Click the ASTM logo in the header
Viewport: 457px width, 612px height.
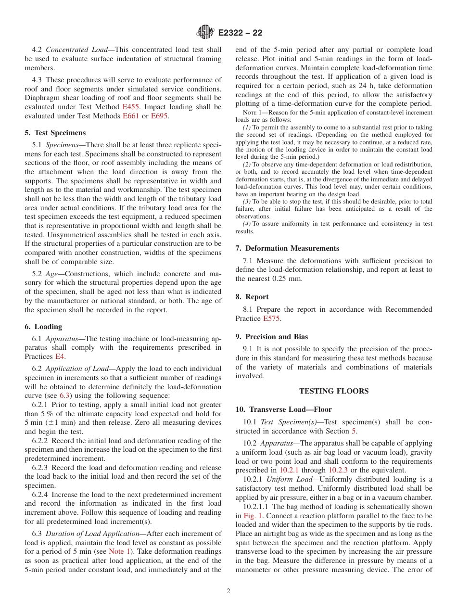tap(205, 33)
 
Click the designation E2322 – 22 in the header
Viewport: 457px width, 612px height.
tap(240, 33)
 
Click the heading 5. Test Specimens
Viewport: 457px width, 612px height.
tap(55, 133)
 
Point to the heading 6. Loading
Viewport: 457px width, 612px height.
tap(43, 327)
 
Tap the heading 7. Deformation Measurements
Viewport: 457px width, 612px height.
tap(287, 248)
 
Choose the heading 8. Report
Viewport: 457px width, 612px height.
tap(252, 297)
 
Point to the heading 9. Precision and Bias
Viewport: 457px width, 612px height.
tap(272, 337)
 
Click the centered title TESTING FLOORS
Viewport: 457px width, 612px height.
tap(334, 391)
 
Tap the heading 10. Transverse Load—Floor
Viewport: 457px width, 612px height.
tap(283, 409)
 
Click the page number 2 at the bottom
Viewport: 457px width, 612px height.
tap(228, 591)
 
